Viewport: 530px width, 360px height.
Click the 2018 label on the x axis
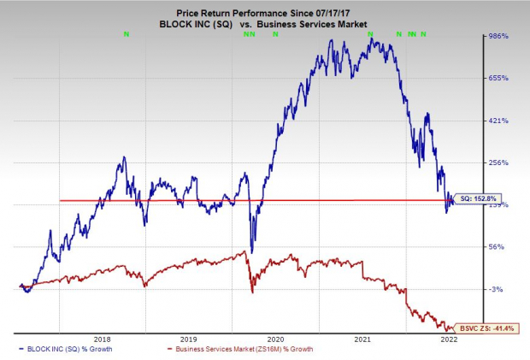pos(103,339)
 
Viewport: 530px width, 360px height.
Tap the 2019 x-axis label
pos(189,339)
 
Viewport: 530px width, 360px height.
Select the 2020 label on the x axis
pos(276,339)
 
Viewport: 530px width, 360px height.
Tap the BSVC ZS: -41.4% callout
pos(486,327)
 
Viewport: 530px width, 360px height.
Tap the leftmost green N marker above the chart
pos(127,33)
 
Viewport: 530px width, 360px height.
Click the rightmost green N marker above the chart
pos(424,33)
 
